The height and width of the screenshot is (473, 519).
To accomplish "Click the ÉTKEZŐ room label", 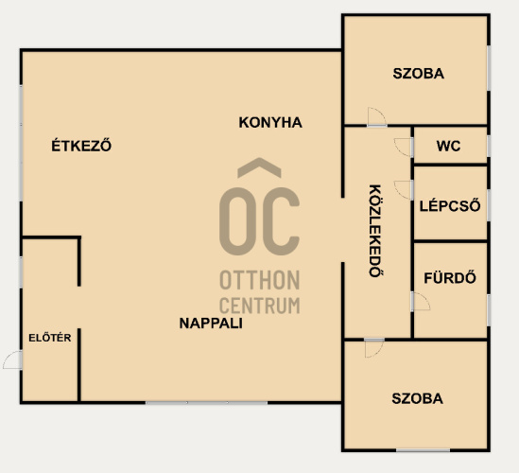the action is coord(81,145).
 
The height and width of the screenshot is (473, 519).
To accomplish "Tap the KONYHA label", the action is coord(270,123).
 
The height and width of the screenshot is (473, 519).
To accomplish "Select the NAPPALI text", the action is coord(211,324).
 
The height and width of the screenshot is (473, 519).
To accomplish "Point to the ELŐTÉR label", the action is coord(50,337).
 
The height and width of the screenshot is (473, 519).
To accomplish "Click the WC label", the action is coord(448,146).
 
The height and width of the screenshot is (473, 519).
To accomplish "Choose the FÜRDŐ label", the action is coord(450,277).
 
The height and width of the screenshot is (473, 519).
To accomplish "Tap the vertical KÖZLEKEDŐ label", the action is coord(375,231).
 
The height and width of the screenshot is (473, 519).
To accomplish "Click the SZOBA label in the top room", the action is coord(419,74).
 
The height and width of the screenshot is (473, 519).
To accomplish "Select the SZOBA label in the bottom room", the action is coord(418,398).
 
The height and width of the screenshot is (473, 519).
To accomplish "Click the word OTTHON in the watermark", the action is coord(260,280).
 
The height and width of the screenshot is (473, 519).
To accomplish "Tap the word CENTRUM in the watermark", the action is coord(260,306).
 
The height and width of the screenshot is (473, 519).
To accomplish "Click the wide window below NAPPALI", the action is coord(206,402).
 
